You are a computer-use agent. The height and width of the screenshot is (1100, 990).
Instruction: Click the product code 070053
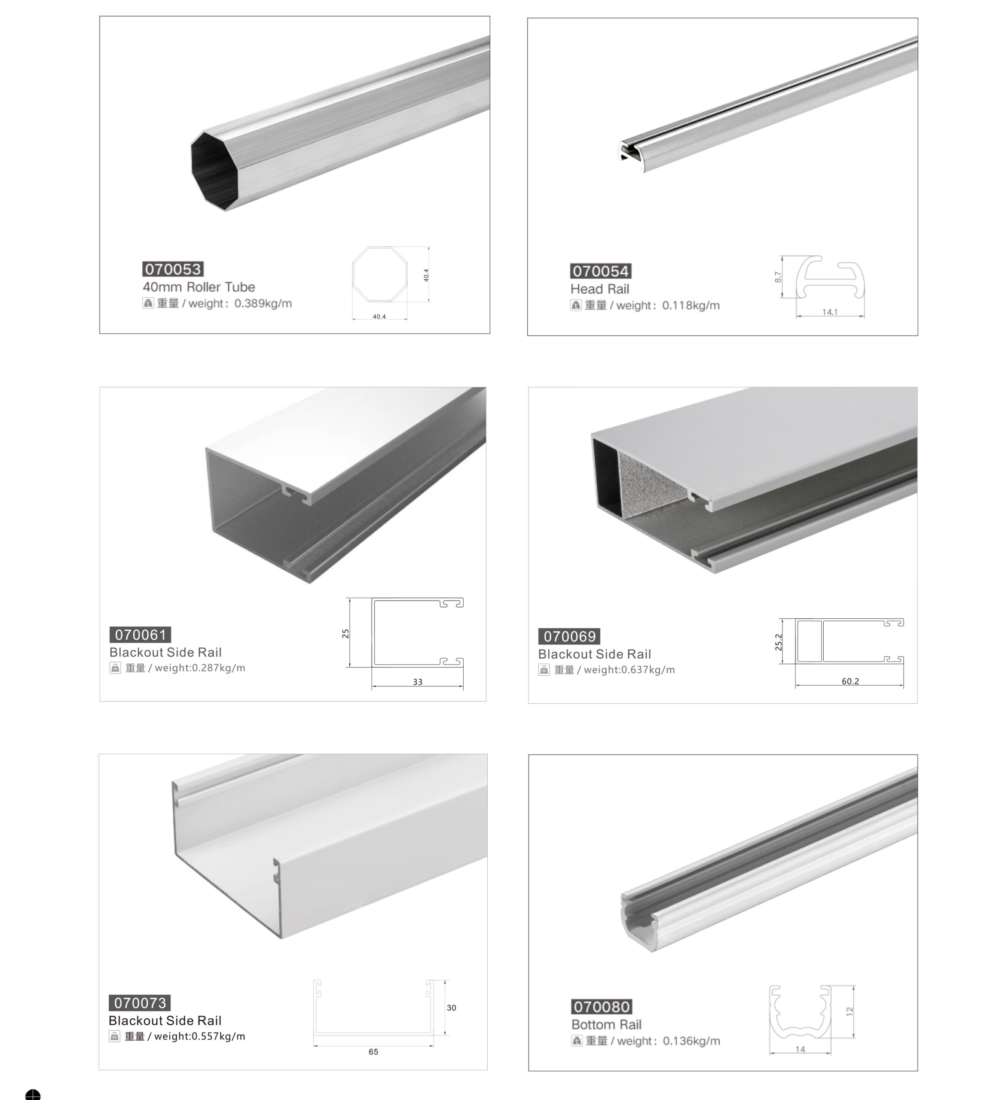click(173, 269)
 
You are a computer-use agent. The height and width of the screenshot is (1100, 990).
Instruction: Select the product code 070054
click(601, 272)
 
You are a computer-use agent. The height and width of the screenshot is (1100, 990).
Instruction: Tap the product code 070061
click(141, 635)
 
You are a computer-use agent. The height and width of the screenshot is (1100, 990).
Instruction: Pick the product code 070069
click(569, 636)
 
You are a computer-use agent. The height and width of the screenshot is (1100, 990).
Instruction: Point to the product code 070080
click(602, 1007)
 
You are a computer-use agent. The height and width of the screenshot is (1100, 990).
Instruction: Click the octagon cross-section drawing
click(380, 274)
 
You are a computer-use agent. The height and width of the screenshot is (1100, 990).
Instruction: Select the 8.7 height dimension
click(778, 277)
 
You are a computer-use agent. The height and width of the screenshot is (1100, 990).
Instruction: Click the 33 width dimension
click(417, 681)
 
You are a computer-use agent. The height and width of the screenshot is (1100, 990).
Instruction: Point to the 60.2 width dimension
click(850, 681)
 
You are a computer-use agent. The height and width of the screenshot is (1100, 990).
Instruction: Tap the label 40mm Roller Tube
click(199, 287)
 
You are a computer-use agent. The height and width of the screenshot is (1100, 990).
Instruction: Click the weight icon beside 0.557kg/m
click(115, 1036)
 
